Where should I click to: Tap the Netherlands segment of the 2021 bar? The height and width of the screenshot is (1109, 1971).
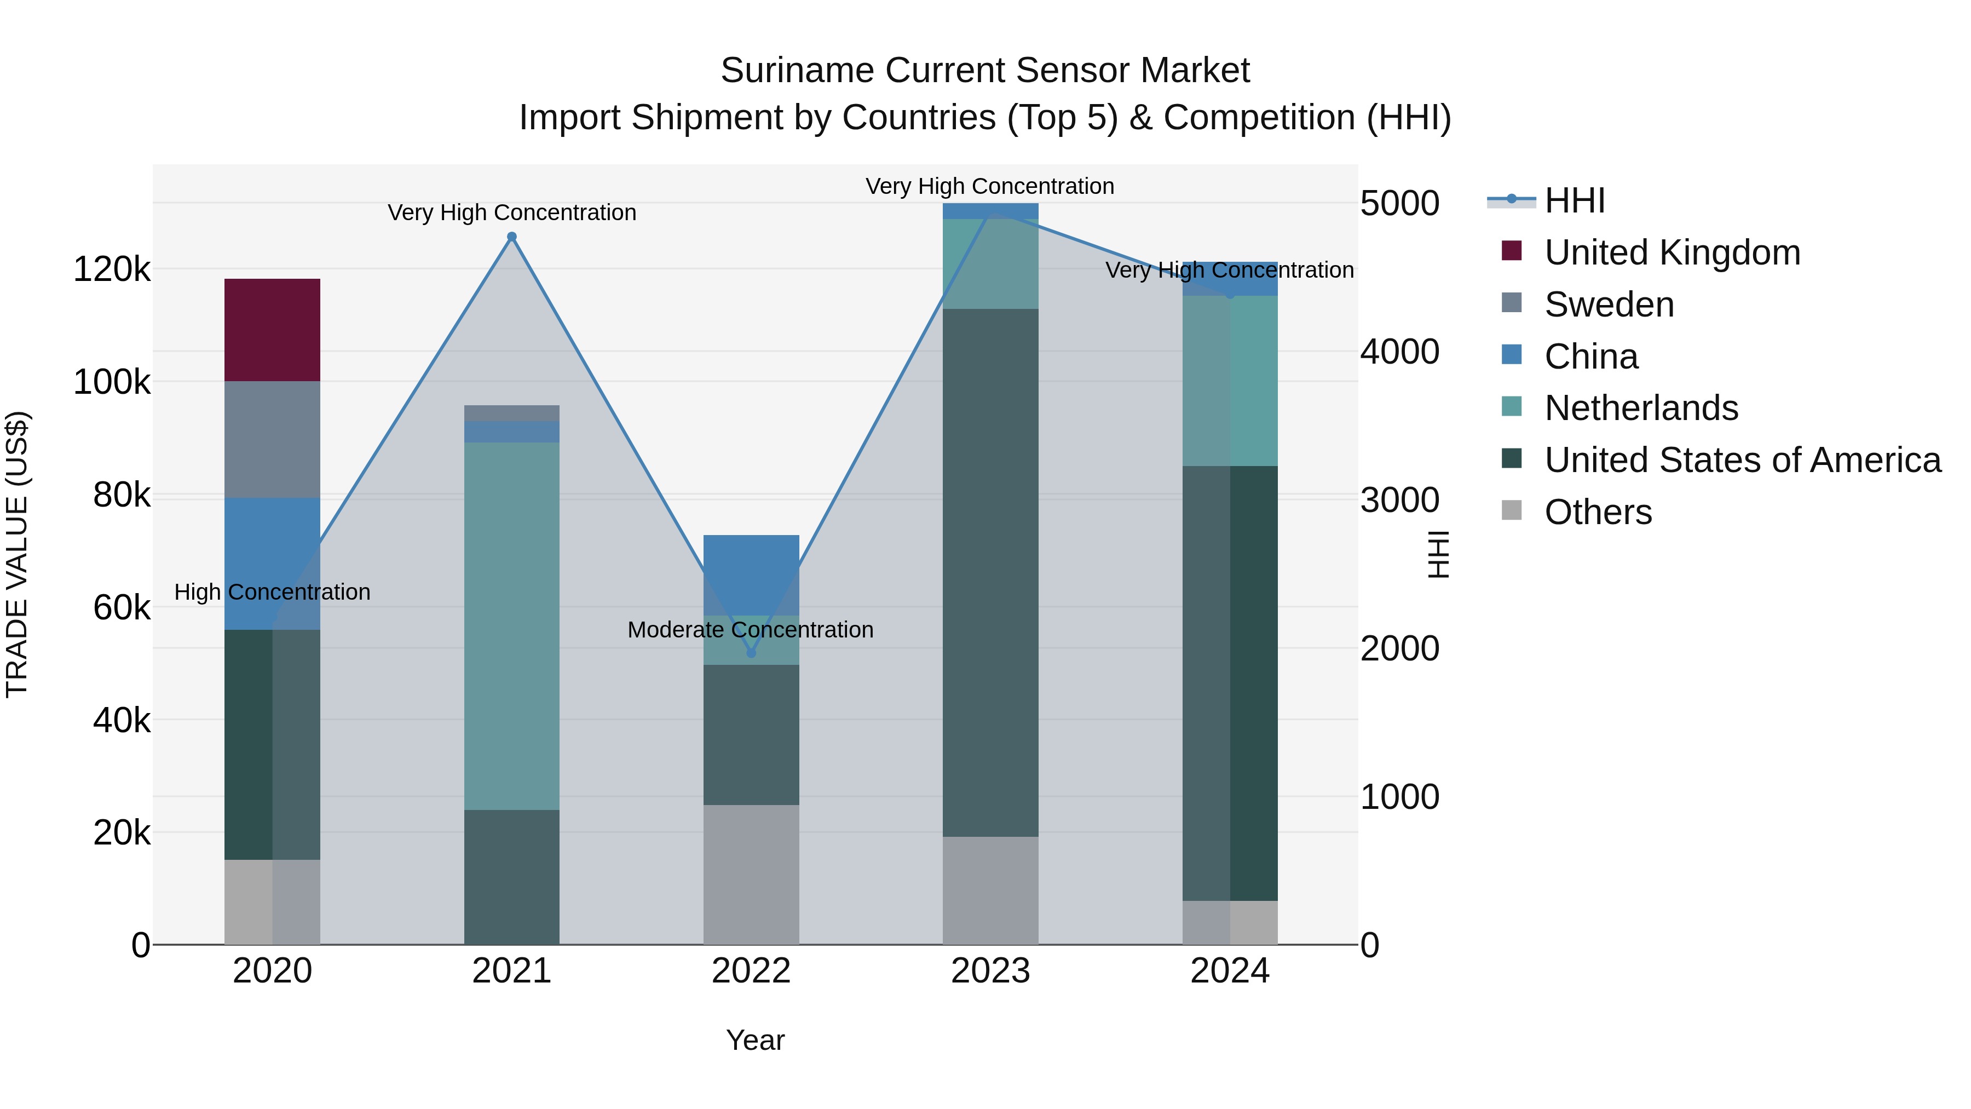512,625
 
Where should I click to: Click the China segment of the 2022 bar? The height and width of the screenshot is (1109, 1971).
751,575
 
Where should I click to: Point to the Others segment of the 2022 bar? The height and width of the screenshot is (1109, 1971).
751,874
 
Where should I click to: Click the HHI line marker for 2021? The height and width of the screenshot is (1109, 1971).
512,237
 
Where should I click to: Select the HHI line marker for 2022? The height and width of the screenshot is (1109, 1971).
751,653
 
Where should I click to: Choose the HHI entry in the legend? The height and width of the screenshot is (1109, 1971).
1574,200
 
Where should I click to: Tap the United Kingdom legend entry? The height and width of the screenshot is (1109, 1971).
1672,252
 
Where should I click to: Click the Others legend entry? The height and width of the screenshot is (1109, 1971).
1598,512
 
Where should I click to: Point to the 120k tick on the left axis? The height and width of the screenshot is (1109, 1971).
112,269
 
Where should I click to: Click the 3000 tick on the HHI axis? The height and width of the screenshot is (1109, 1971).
1399,501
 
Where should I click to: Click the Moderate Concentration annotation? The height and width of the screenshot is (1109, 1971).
750,630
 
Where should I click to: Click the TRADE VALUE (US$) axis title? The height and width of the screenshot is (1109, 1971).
17,554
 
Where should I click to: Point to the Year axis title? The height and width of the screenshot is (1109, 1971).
754,1040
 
